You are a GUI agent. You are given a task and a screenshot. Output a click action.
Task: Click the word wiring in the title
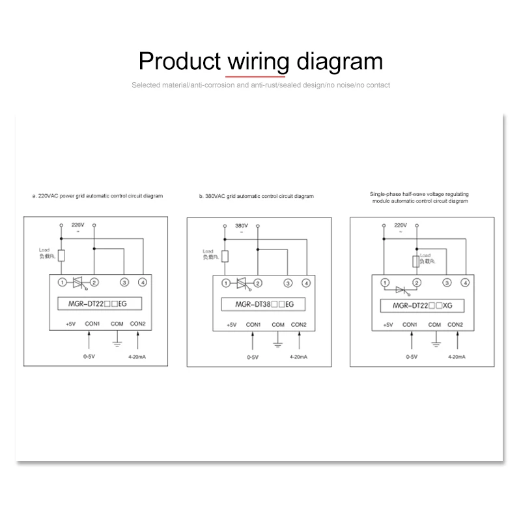point(257,62)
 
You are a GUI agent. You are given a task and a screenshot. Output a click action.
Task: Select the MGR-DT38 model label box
point(258,304)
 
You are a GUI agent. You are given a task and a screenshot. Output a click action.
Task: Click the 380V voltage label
point(241,225)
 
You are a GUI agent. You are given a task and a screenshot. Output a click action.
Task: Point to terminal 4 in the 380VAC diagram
point(306,283)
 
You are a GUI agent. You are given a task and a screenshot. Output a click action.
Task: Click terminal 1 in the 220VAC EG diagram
point(61,283)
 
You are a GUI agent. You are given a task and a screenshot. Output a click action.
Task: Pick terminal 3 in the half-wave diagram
point(447,283)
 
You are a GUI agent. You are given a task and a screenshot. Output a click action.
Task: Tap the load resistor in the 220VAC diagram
point(61,255)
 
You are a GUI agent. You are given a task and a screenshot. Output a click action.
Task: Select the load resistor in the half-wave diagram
point(415,262)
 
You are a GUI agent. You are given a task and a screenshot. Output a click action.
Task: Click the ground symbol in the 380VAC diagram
point(277,340)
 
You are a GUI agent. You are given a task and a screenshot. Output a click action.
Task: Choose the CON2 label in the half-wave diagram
point(456,324)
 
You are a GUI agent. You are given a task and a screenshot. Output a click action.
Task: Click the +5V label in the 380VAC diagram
point(231,324)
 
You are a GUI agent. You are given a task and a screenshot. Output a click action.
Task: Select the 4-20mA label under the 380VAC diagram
point(300,358)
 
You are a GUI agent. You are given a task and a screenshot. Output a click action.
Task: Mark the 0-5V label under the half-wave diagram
point(412,357)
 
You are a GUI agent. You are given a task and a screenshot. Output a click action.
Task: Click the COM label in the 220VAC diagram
point(117,324)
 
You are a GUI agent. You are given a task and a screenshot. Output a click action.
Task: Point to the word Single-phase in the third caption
point(385,194)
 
